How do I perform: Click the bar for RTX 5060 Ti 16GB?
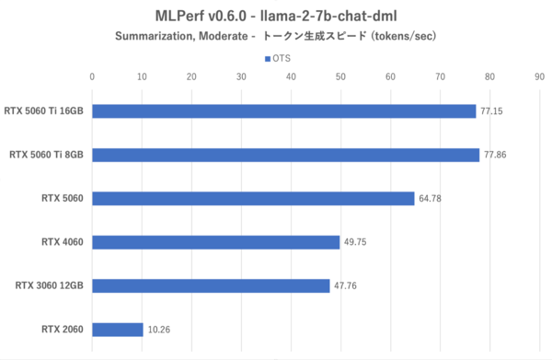click(283, 111)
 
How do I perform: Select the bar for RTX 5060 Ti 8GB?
click(285, 155)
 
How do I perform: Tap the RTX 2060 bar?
click(118, 329)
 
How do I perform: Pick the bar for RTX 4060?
click(215, 242)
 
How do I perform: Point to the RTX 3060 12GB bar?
click(211, 285)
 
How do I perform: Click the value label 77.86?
click(495, 156)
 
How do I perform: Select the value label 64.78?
click(430, 199)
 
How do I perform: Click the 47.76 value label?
click(345, 286)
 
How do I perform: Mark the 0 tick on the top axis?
click(92, 77)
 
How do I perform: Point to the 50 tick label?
click(340, 77)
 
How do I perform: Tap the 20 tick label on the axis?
click(191, 77)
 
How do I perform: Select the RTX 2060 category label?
click(62, 329)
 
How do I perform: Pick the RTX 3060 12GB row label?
click(50, 285)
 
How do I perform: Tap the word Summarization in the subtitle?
click(156, 37)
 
